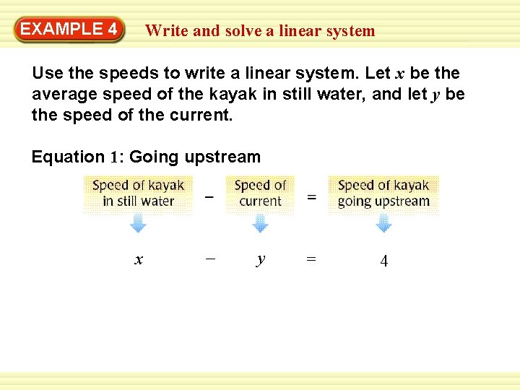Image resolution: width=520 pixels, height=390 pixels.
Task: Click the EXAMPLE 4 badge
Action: pyautogui.click(x=69, y=30)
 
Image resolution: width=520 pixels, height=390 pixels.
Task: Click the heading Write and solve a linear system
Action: pyautogui.click(x=260, y=31)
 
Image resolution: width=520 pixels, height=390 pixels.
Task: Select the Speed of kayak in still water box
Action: pyautogui.click(x=138, y=194)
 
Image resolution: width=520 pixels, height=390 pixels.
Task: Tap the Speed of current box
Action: pyautogui.click(x=260, y=194)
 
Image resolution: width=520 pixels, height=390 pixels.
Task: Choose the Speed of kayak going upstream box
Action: pyautogui.click(x=383, y=194)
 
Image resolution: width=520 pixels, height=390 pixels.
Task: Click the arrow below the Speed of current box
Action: pyautogui.click(x=260, y=224)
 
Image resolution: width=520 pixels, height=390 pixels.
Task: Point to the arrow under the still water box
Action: pyautogui.click(x=138, y=224)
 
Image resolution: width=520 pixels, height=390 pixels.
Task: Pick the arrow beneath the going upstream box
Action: pyautogui.click(x=384, y=224)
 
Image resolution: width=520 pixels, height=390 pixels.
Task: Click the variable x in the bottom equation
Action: pyautogui.click(x=138, y=259)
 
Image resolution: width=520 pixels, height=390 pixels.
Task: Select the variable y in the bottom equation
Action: pyautogui.click(x=260, y=259)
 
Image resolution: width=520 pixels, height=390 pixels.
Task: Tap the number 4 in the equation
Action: pyautogui.click(x=383, y=261)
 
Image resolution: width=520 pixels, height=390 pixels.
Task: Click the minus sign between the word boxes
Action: pyautogui.click(x=209, y=194)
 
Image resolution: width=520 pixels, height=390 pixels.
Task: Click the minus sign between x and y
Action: pyautogui.click(x=209, y=259)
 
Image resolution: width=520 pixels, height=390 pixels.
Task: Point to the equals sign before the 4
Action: pyautogui.click(x=311, y=259)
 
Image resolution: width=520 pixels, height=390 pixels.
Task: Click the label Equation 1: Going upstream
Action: pyautogui.click(x=146, y=157)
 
